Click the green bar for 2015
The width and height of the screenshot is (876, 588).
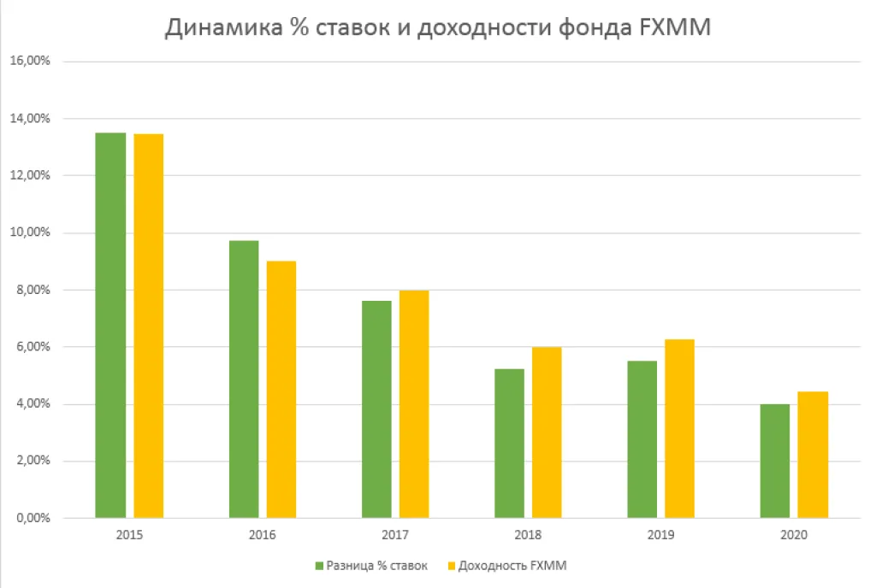(x=110, y=325)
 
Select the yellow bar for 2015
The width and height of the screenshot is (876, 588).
(x=149, y=326)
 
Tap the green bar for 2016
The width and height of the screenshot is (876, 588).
(x=244, y=379)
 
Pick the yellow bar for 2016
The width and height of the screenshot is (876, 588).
(x=281, y=389)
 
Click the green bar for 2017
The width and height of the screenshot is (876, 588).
(x=376, y=409)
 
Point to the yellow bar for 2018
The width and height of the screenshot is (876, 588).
(x=547, y=432)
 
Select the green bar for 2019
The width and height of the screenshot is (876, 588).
(x=642, y=439)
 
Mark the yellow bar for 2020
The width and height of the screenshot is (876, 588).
(x=813, y=455)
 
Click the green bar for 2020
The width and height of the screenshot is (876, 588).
(x=775, y=461)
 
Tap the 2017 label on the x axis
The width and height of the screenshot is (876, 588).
(x=395, y=537)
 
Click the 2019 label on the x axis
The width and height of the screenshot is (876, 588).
(x=661, y=537)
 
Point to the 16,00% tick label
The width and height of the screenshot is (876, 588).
(x=33, y=62)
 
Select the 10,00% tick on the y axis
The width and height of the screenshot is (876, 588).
(x=33, y=232)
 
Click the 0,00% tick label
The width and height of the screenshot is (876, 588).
(x=35, y=518)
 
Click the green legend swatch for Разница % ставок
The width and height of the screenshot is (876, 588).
(x=319, y=566)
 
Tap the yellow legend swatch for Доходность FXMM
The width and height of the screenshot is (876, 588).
(x=450, y=566)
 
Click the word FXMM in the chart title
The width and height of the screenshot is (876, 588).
(x=679, y=28)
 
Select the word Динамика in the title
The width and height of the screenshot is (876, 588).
(x=219, y=28)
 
